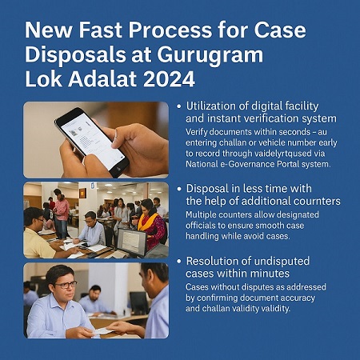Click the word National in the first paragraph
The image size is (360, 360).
click(x=208, y=165)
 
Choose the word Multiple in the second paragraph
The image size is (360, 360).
click(x=206, y=215)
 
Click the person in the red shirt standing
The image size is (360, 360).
click(x=62, y=210)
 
